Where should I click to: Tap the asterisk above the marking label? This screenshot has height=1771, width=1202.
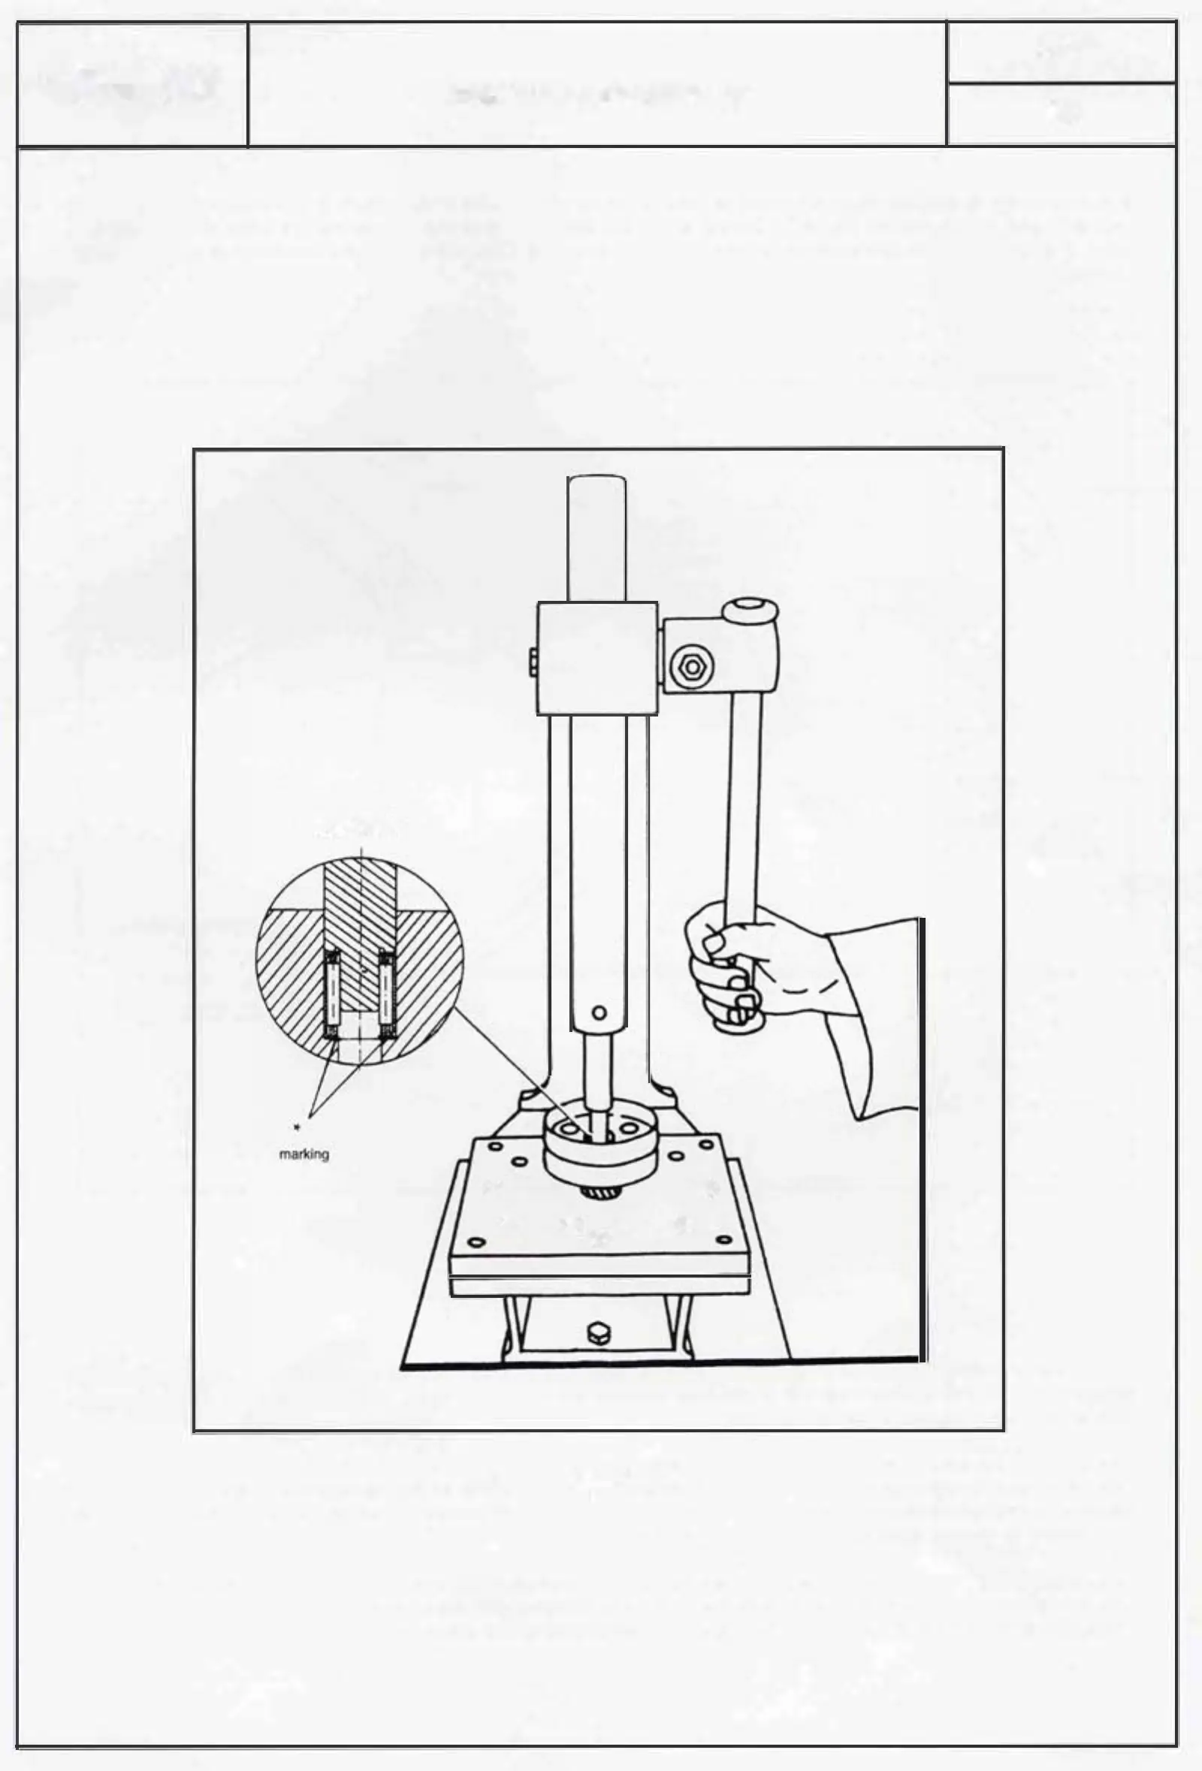(x=297, y=1127)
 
